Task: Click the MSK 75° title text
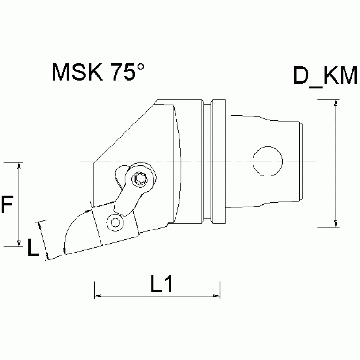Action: point(98,73)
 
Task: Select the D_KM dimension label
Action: point(326,76)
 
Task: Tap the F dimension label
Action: point(6,205)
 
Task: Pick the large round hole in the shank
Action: point(268,161)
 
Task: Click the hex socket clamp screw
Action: point(139,178)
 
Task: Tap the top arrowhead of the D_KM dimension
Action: point(336,103)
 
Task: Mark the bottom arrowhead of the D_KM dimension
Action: point(336,223)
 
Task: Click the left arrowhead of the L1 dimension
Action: point(99,296)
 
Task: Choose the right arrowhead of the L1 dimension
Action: point(216,296)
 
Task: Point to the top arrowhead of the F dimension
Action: point(19,166)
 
